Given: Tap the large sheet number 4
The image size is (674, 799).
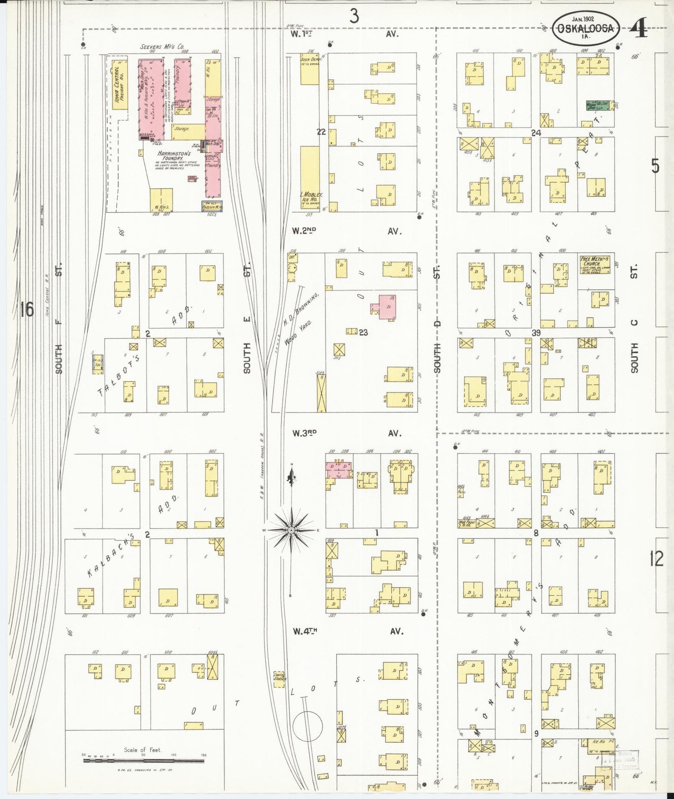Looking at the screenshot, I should pyautogui.click(x=638, y=29).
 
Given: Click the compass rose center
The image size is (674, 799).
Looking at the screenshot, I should pyautogui.click(x=291, y=530).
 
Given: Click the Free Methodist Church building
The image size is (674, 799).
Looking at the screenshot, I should pyautogui.click(x=594, y=265).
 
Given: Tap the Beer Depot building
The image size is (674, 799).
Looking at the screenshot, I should pyautogui.click(x=309, y=69).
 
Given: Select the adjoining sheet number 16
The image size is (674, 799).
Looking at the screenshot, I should pyautogui.click(x=27, y=309).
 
